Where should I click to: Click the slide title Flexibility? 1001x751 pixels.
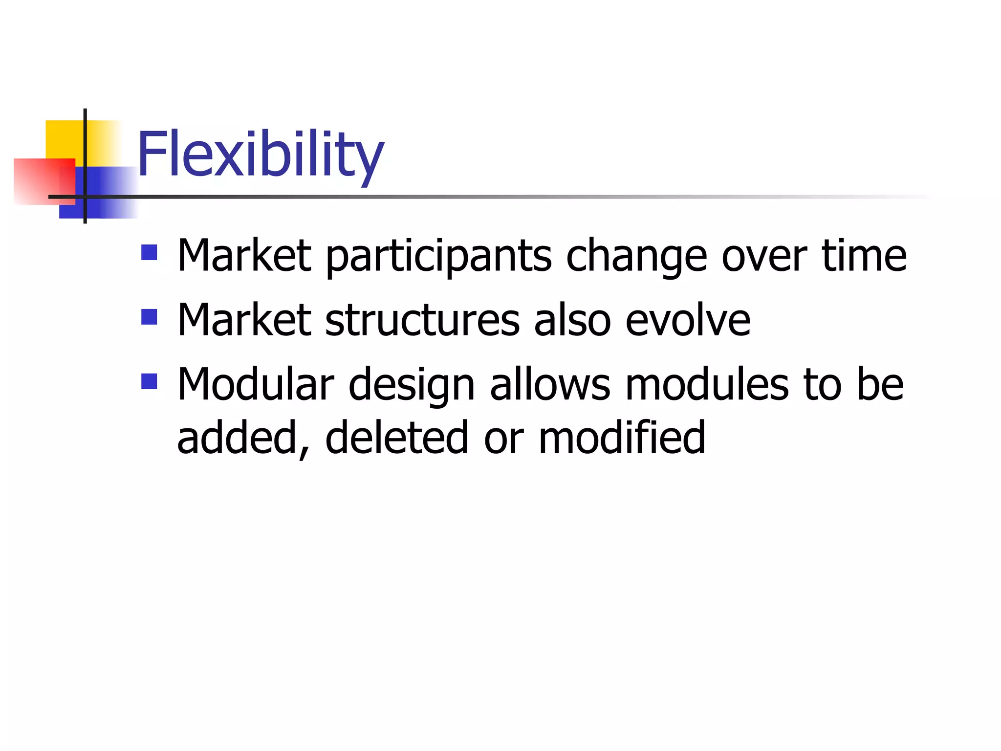click(x=261, y=155)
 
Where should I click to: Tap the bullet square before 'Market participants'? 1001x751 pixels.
click(x=149, y=252)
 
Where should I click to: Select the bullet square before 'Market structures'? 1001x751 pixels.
click(x=149, y=317)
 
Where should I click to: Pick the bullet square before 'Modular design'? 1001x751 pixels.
click(x=149, y=381)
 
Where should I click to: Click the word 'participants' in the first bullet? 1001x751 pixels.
click(x=438, y=257)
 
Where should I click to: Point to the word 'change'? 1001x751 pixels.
click(x=636, y=257)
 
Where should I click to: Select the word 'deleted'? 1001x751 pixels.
click(x=396, y=438)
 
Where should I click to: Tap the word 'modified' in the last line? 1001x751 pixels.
click(x=622, y=438)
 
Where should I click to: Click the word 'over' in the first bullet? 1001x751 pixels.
click(x=764, y=257)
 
